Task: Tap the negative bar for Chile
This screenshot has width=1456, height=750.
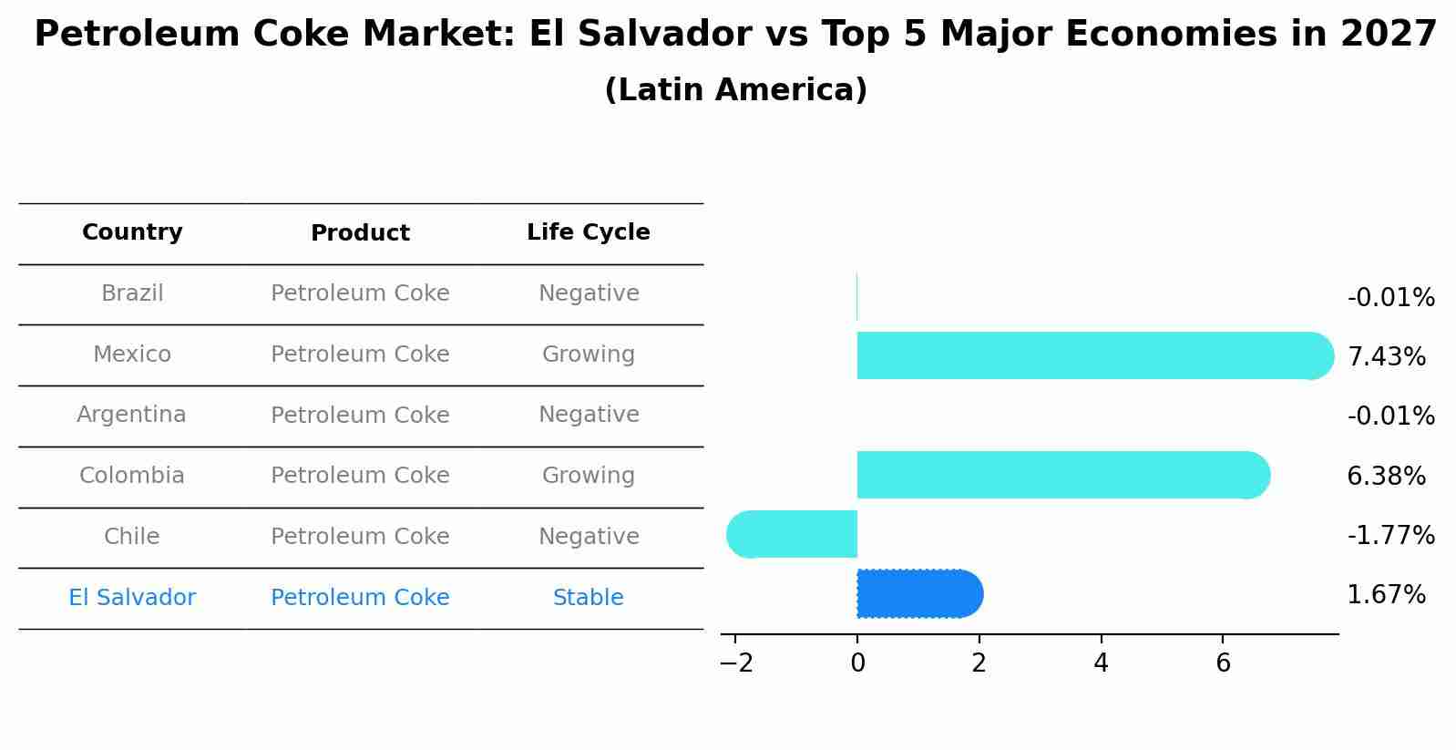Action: tap(793, 534)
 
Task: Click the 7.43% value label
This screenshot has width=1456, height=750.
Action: tap(1386, 356)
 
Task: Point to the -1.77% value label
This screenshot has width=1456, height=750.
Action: tap(1390, 535)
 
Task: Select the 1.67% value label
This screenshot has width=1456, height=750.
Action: tap(1386, 595)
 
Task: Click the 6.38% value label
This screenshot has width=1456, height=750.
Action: tap(1386, 476)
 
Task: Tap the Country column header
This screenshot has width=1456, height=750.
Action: tap(132, 232)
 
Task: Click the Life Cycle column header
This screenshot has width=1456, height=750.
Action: tap(588, 232)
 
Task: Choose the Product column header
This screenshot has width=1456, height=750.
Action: tap(360, 233)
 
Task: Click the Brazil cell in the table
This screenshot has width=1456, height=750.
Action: tap(132, 293)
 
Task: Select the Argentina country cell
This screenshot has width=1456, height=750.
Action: tap(131, 415)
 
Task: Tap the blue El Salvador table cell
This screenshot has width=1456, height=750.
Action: tap(132, 598)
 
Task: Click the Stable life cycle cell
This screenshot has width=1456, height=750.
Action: tap(588, 598)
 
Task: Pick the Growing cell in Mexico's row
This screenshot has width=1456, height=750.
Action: tap(588, 354)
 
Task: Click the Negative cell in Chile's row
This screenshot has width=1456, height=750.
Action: tap(588, 537)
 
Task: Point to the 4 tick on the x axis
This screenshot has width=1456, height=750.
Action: tap(1101, 663)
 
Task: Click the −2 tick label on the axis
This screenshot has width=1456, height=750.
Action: tap(736, 663)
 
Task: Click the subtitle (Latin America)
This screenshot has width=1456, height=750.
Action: tap(735, 90)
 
